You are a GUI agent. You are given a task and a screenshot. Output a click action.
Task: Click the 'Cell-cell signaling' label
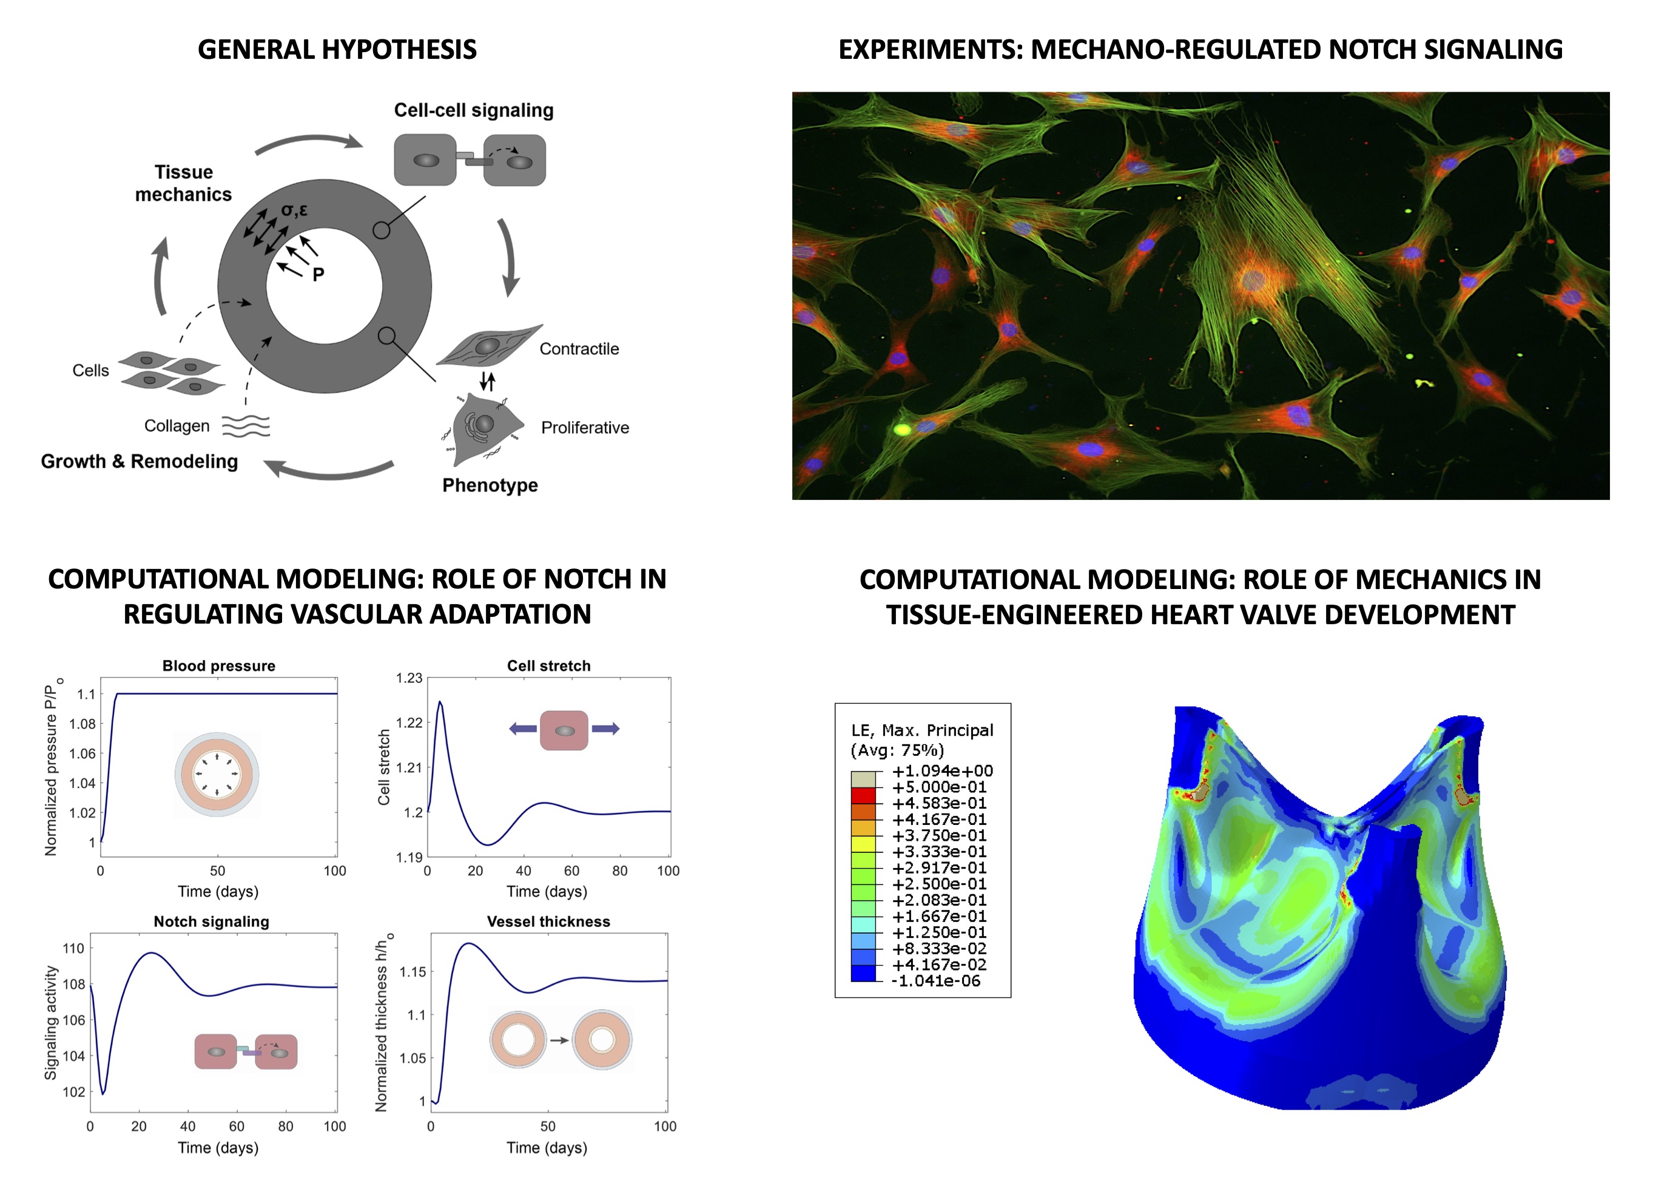pyautogui.click(x=474, y=110)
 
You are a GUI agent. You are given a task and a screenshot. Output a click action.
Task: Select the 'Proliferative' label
pyautogui.click(x=585, y=427)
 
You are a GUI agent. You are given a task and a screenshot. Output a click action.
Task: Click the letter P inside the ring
pyautogui.click(x=318, y=275)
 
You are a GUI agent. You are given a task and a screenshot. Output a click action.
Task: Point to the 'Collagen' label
pyautogui.click(x=177, y=426)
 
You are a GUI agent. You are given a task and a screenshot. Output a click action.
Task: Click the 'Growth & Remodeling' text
pyautogui.click(x=139, y=462)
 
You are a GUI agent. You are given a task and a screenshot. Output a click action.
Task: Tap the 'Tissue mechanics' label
pyautogui.click(x=184, y=183)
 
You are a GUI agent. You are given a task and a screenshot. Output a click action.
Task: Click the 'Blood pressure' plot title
pyautogui.click(x=218, y=665)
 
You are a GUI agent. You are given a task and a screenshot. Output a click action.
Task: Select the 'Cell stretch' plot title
pyautogui.click(x=549, y=665)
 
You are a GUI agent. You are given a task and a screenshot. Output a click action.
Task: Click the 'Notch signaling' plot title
pyautogui.click(x=211, y=921)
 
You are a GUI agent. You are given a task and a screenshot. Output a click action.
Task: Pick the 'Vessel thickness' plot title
pyautogui.click(x=549, y=921)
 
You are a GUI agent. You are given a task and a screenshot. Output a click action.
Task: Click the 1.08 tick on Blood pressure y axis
pyautogui.click(x=82, y=724)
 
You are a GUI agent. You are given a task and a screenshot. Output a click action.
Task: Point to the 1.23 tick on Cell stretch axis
pyautogui.click(x=409, y=678)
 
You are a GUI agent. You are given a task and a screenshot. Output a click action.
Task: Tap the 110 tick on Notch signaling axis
pyautogui.click(x=73, y=949)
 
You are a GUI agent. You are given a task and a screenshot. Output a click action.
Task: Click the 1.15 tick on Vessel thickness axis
pyautogui.click(x=413, y=972)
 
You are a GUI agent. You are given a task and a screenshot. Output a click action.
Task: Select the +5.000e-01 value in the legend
pyautogui.click(x=940, y=787)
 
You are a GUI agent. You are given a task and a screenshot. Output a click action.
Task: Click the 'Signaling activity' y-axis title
pyautogui.click(x=51, y=1023)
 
